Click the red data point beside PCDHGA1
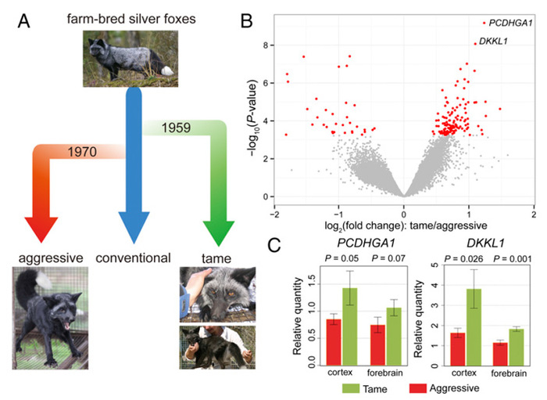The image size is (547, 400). pyautogui.click(x=484, y=23)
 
